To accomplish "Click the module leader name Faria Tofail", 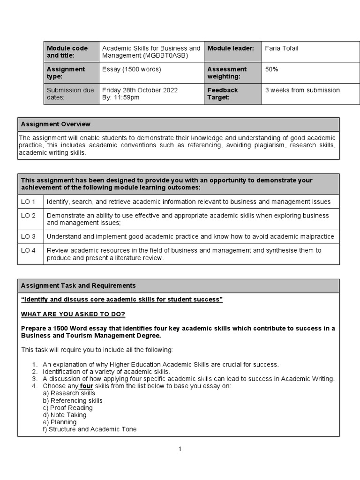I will click(x=281, y=48).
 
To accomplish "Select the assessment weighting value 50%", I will click(x=271, y=69).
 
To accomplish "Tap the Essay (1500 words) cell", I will click(x=131, y=69).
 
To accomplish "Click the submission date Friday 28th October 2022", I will click(x=140, y=90).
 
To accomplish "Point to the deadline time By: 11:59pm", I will click(x=120, y=97).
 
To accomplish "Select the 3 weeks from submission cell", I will click(x=302, y=90).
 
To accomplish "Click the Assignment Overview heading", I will click(x=56, y=124).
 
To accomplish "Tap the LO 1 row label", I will click(x=28, y=202).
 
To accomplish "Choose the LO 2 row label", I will click(x=28, y=216).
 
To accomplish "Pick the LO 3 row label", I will click(x=28, y=237).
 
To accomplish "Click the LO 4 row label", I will click(x=28, y=250).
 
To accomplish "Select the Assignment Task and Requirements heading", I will click(x=78, y=285).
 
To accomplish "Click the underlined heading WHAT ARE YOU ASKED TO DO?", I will click(x=73, y=314).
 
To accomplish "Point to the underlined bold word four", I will click(x=87, y=386).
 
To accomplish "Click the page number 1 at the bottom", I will click(x=180, y=449).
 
